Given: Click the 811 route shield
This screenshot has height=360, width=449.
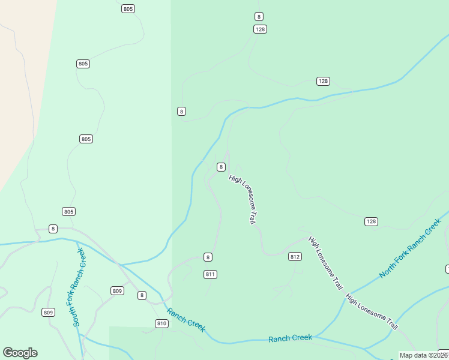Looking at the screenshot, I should tap(210, 274).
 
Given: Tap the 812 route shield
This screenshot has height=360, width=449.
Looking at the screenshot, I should tap(295, 256).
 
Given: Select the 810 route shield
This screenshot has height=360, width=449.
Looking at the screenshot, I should tap(161, 323).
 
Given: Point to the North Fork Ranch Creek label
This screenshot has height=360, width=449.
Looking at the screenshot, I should tap(410, 248).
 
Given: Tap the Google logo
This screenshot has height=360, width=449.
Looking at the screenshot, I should tap(20, 353).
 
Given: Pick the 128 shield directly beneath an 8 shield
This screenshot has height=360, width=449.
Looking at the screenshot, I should tap(260, 29).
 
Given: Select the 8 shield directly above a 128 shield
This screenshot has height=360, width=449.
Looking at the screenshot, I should tap(259, 16).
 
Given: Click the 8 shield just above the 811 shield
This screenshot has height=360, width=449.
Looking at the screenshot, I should tap(208, 257).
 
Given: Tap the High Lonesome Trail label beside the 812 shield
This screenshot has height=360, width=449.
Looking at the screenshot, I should tap(325, 263).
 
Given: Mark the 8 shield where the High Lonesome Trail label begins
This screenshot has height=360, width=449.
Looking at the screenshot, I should tap(221, 167).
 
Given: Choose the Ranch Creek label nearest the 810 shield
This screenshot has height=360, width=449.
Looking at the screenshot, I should tap(186, 319).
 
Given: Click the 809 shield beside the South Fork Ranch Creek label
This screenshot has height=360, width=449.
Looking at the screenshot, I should tap(49, 312).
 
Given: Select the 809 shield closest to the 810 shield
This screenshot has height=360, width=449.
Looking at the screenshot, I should tap(117, 291).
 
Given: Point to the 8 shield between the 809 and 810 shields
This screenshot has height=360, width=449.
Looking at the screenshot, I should tap(142, 295).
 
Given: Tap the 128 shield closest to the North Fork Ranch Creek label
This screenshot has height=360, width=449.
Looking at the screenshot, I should tap(371, 221).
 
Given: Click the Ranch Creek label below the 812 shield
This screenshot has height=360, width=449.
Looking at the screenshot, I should tap(290, 338).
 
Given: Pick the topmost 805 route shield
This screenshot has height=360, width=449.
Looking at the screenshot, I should tap(128, 8).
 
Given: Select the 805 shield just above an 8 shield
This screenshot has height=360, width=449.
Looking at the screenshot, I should tap(68, 211).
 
